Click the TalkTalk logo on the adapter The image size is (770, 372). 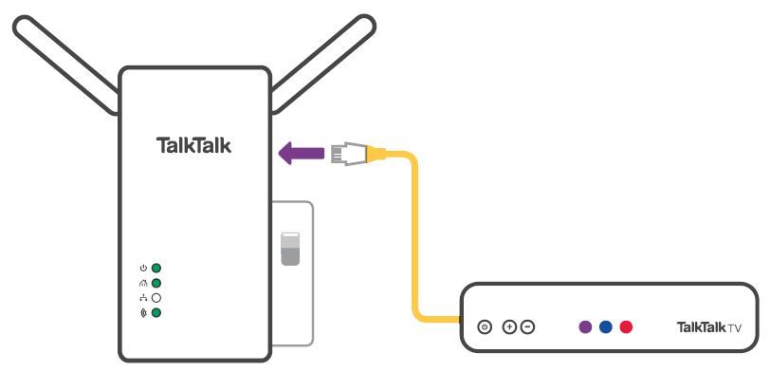pos(193,145)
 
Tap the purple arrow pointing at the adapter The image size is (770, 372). pos(301,151)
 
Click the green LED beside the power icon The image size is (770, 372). pos(156,269)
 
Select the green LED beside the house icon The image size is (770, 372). pos(156,283)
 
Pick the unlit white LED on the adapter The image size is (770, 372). pos(156,297)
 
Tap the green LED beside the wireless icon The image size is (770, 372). pos(156,312)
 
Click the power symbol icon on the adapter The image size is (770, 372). pos(143,269)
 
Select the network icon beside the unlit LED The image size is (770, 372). pos(143,297)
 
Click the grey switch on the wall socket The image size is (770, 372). pos(290,248)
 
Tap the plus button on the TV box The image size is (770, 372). pos(509,327)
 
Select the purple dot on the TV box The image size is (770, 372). pos(585,327)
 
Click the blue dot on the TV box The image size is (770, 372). pos(605,327)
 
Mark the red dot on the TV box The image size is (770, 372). pos(625,327)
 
